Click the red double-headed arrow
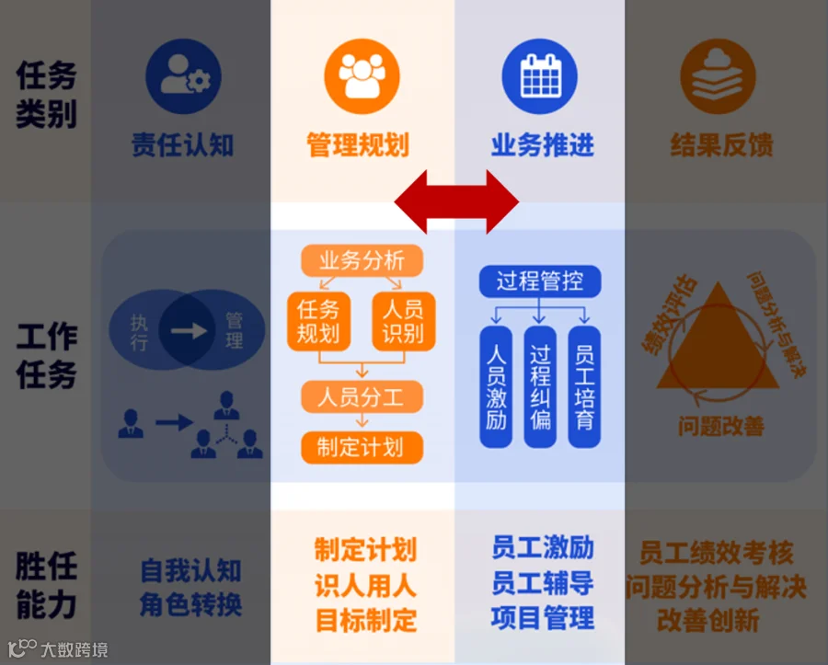coord(457,201)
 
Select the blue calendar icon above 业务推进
coord(540,76)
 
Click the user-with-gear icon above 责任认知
coord(183,76)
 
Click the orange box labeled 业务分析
coord(362,260)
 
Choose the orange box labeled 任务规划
coord(318,321)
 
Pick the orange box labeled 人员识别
coord(403,321)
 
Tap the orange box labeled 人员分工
coord(362,397)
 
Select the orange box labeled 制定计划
coord(362,447)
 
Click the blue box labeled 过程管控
coord(540,281)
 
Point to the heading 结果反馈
coord(720,145)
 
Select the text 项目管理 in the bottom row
coord(542,617)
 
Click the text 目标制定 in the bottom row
coord(365,619)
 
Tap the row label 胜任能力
coord(46,585)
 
